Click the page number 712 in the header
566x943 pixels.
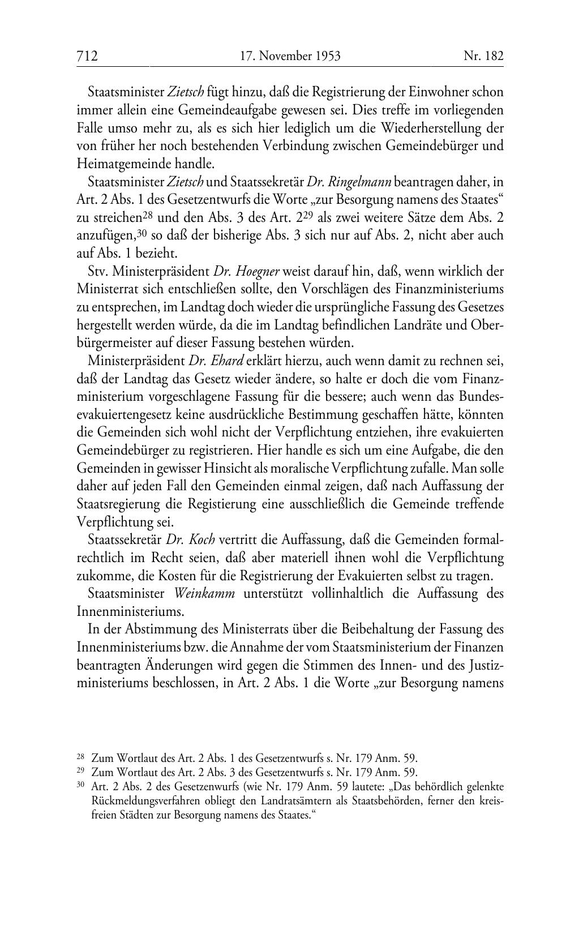[88, 56]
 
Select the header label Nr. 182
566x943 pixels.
[483, 56]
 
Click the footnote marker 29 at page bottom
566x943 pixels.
[80, 770]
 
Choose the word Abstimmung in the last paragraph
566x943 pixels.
[150, 629]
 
